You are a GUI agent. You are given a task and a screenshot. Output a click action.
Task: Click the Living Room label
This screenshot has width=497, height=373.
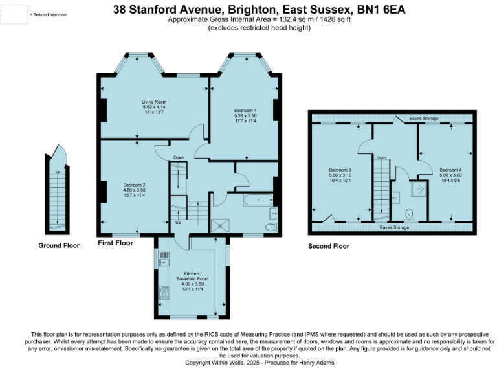[x=155, y=102]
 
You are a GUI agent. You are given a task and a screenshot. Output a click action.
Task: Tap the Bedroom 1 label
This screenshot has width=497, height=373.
[x=246, y=111]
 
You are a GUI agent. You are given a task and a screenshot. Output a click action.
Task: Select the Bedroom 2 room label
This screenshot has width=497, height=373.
[x=135, y=185]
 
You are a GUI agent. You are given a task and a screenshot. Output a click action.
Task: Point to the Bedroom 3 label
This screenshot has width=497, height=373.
[x=340, y=170]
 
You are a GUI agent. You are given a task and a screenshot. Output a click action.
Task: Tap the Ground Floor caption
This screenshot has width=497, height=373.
[x=59, y=246]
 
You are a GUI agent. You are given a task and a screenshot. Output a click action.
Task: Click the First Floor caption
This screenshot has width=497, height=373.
[x=115, y=243]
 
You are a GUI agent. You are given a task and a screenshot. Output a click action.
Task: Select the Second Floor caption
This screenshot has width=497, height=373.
[x=328, y=246]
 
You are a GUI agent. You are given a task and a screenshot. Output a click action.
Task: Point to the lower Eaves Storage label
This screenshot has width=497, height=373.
[x=394, y=228]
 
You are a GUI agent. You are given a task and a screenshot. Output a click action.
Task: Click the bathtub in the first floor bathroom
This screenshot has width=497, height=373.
[x=258, y=201]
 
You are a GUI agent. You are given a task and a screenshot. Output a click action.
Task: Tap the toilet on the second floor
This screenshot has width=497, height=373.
[x=408, y=214]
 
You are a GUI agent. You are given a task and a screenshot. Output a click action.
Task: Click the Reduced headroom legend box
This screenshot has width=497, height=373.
[x=14, y=14]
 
